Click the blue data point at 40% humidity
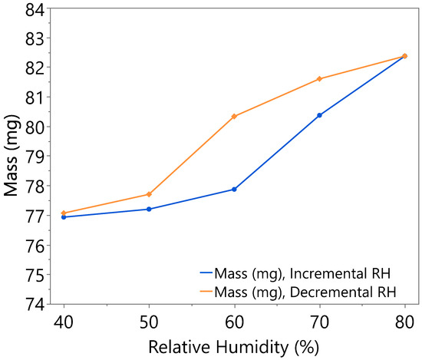click(x=64, y=217)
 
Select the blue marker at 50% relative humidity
click(x=149, y=209)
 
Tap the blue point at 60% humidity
click(x=234, y=189)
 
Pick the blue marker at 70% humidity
click(x=319, y=115)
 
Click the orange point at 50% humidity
click(x=149, y=194)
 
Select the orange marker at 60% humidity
click(x=234, y=116)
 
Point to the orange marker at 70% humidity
click(x=319, y=79)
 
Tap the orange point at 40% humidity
click(x=64, y=213)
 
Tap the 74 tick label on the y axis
click(x=36, y=304)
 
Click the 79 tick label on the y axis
click(x=36, y=156)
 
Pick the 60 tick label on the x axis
click(x=234, y=319)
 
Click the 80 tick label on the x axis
click(x=404, y=319)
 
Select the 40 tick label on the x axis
click(x=64, y=319)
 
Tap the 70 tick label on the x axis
click(x=319, y=319)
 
